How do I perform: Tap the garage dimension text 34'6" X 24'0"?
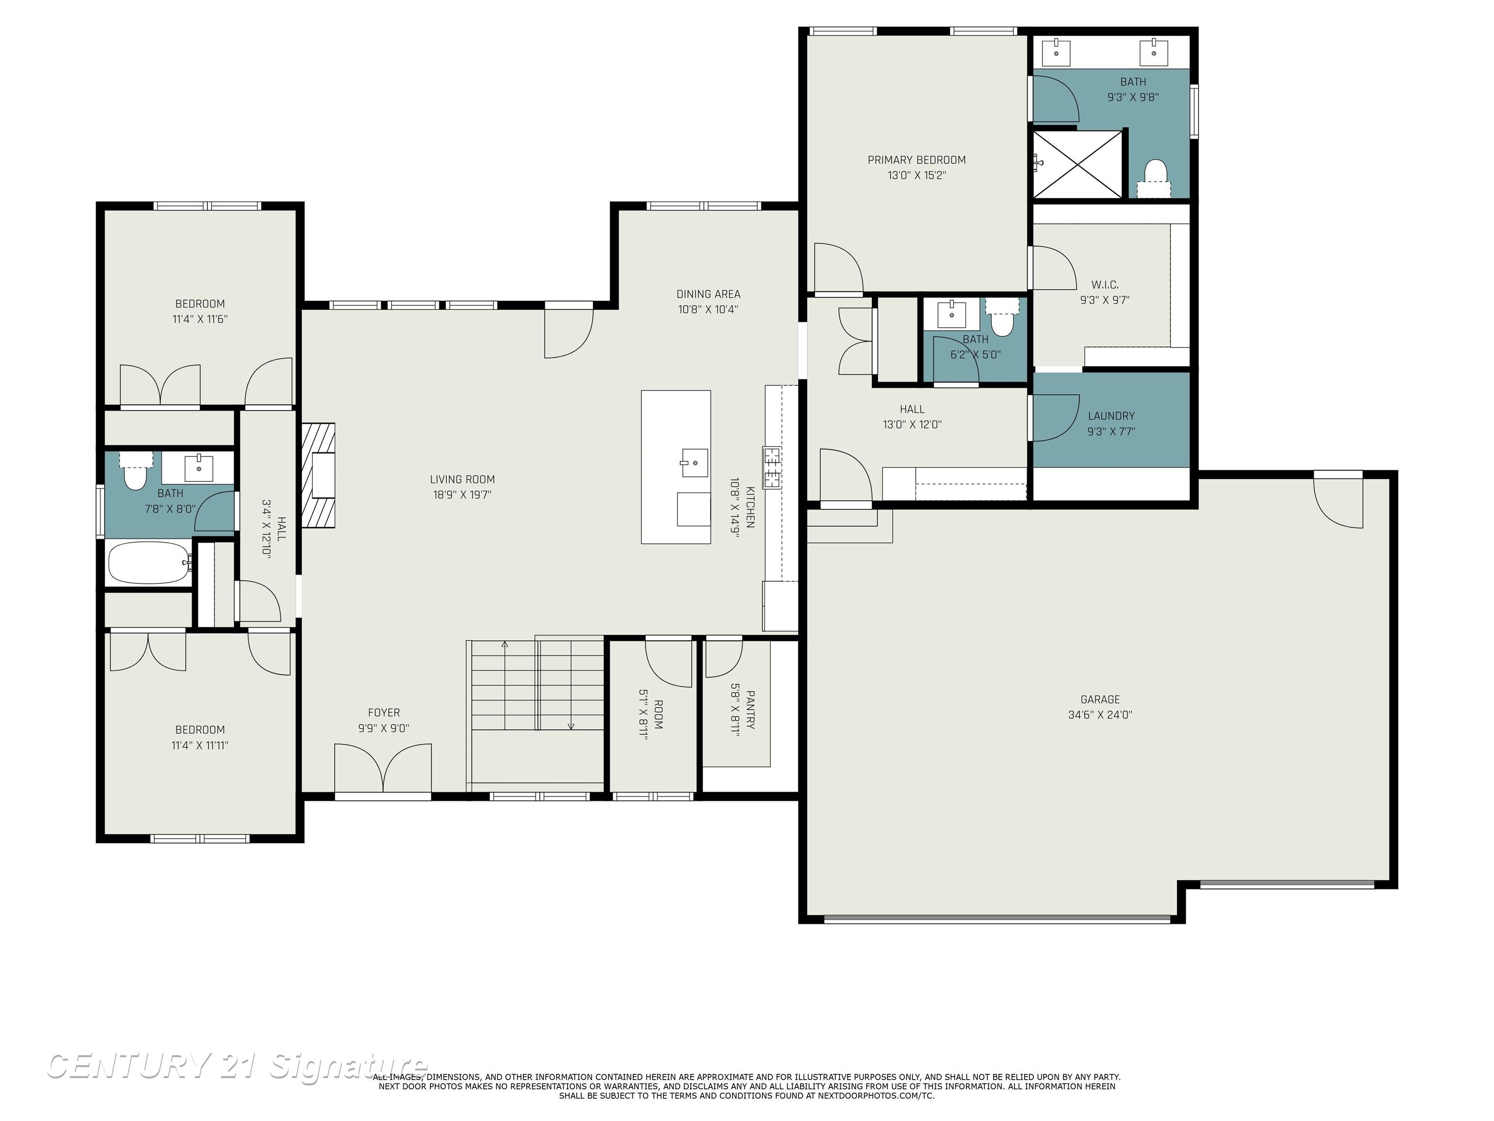1100,715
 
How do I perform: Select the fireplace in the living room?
319,475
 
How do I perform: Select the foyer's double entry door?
383,769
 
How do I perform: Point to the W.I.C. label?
1104,285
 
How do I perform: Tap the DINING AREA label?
708,294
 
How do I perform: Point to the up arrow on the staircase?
504,645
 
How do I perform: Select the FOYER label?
384,713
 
